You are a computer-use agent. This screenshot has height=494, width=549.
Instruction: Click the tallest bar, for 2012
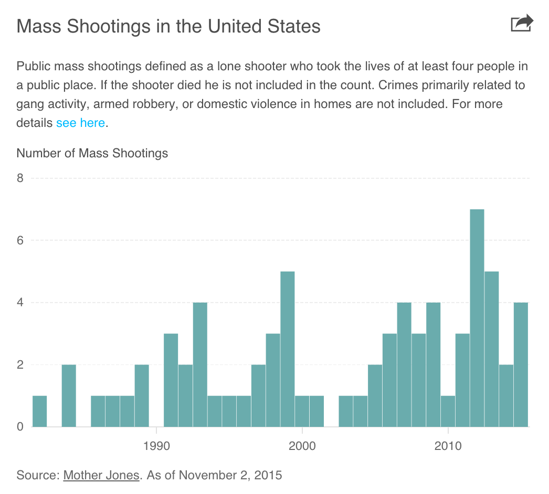click(477, 318)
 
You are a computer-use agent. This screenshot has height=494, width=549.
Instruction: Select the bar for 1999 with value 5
click(287, 349)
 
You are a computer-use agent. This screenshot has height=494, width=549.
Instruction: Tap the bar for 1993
click(200, 364)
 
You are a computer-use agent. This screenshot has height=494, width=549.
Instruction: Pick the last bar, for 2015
click(521, 364)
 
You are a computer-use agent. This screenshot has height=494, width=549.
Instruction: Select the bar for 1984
click(69, 395)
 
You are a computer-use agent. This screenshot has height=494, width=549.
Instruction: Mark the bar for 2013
click(491, 349)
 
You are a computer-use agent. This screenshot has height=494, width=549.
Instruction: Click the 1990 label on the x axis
click(156, 446)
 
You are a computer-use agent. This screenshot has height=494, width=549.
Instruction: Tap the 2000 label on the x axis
click(302, 446)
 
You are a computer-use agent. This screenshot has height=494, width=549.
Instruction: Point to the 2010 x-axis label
click(448, 446)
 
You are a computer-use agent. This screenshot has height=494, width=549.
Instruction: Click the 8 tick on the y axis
click(20, 178)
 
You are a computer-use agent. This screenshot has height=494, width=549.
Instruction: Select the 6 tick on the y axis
click(20, 240)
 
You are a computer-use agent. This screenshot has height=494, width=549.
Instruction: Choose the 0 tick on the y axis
click(20, 426)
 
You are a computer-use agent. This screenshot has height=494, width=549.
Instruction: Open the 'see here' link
click(81, 123)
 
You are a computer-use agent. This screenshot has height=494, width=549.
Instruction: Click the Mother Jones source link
click(101, 476)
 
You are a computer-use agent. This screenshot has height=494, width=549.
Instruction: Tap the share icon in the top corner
click(522, 24)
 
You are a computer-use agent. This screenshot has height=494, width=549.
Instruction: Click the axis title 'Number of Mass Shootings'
click(92, 153)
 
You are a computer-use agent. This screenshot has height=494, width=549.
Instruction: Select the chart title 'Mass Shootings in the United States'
click(168, 26)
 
